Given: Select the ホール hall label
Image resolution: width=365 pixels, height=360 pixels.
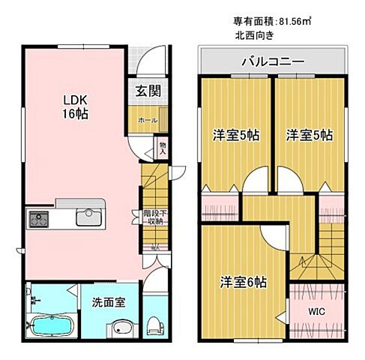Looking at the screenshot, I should [147, 120].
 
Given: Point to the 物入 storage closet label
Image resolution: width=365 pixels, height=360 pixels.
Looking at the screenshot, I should [162, 146].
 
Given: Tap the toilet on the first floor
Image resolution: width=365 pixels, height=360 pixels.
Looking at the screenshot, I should [153, 325].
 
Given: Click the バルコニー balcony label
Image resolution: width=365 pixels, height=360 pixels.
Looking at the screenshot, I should [271, 61].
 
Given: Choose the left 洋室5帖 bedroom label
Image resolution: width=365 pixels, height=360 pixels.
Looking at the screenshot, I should [235, 136].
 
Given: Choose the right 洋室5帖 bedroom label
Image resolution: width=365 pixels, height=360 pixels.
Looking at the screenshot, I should [309, 136].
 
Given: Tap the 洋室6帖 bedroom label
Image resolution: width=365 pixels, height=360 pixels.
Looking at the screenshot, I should [243, 282].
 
